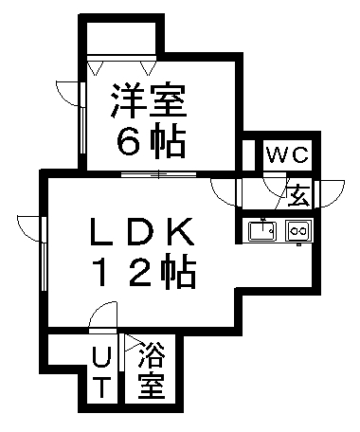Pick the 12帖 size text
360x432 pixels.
(142, 274)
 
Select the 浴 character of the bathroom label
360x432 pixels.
(150, 357)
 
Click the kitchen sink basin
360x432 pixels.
(261, 229)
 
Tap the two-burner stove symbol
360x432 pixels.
(298, 229)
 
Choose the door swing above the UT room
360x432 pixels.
(102, 318)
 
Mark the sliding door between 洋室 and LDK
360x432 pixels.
(158, 174)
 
